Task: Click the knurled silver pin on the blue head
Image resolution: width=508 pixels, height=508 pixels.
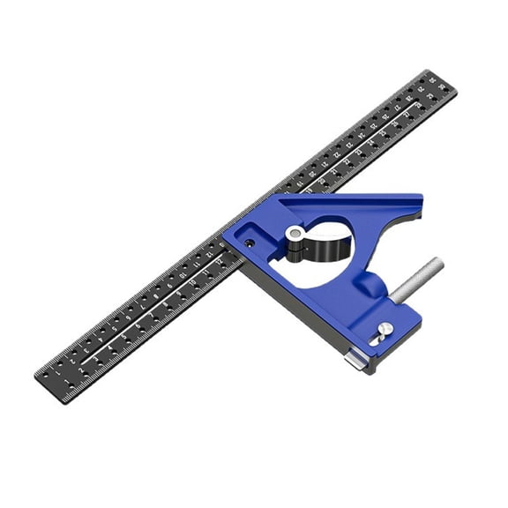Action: (x=417, y=279)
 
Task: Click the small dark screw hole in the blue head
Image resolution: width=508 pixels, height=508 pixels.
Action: (x=250, y=243)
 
